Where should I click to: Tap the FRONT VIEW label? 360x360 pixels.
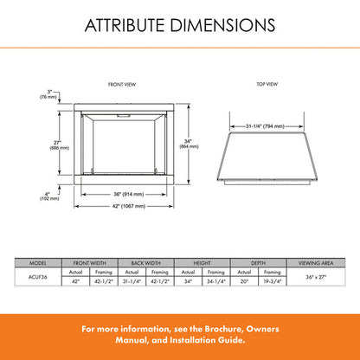tap(121, 84)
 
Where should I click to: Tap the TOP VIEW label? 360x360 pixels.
tap(267, 84)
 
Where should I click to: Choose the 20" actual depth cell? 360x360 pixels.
tap(245, 281)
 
